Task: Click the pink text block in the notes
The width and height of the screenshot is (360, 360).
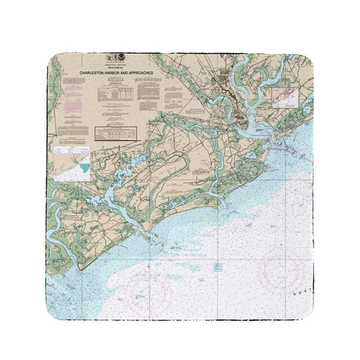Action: pyautogui.click(x=71, y=99)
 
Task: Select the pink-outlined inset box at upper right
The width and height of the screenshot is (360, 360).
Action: pyautogui.click(x=285, y=97)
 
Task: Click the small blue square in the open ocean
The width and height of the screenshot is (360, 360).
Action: pyautogui.click(x=217, y=266)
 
